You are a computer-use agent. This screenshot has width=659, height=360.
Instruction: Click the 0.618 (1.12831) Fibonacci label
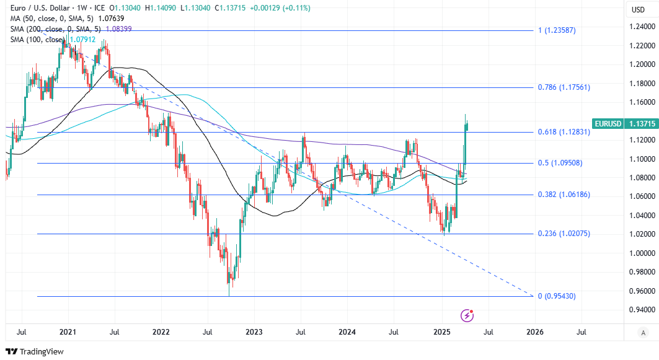pos(563,132)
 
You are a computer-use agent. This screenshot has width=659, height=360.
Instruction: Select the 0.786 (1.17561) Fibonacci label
pos(563,87)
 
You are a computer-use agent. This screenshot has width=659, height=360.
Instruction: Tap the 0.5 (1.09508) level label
pos(560,163)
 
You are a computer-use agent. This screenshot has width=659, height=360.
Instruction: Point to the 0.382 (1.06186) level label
pos(563,195)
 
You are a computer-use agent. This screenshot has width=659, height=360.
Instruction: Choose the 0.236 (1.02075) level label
pos(563,234)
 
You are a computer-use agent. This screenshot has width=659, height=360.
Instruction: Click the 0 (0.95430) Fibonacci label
pos(557,296)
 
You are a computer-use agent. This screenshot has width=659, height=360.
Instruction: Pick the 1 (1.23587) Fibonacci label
pos(557,30)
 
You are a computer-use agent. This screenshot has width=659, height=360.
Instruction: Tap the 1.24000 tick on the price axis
pos(642,27)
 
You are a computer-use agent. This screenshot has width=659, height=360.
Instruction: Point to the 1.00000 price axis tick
pos(642,253)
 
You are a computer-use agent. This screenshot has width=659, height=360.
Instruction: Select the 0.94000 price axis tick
pos(642,310)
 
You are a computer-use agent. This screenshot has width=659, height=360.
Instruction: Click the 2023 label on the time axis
pos(254,332)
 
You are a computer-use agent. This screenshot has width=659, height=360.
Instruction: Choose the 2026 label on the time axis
pos(535,332)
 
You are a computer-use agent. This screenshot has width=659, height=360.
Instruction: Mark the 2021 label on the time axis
pos(67,332)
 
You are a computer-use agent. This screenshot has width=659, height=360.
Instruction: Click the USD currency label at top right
pos(638,9)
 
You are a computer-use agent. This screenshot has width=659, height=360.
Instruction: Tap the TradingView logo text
pos(41,352)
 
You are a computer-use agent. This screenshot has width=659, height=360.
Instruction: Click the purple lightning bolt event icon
pos(467,315)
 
